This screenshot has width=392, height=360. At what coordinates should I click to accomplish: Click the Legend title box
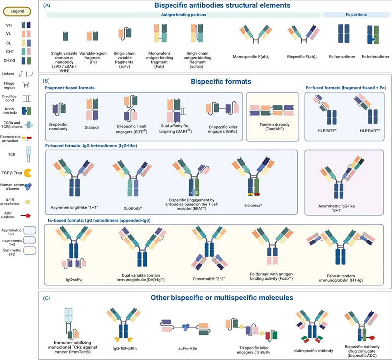(x=18, y=11)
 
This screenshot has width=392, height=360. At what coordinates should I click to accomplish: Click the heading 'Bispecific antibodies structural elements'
(x=213, y=6)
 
